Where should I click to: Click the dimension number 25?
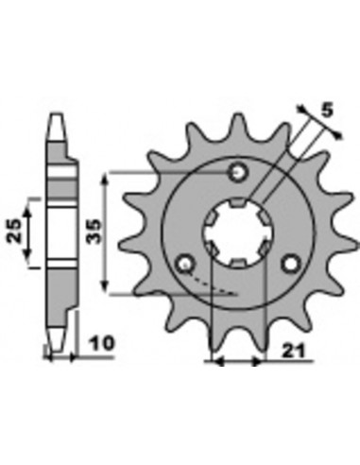point(14,231)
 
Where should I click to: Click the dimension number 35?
point(94,232)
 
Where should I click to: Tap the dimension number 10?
point(102,343)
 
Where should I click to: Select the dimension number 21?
point(294,352)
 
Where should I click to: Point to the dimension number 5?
point(328,111)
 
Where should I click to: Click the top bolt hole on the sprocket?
point(239,172)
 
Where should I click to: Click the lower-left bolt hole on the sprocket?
point(185,264)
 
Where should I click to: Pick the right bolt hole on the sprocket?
point(291,264)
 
